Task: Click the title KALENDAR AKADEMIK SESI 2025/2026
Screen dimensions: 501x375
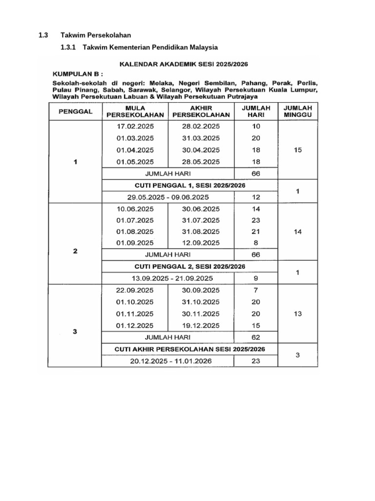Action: coord(184,64)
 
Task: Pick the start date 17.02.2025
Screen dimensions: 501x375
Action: coord(134,126)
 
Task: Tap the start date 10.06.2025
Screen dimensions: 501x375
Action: coord(134,208)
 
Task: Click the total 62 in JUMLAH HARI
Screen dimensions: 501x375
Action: coord(256,337)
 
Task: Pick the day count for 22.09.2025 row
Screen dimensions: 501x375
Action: coord(256,290)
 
